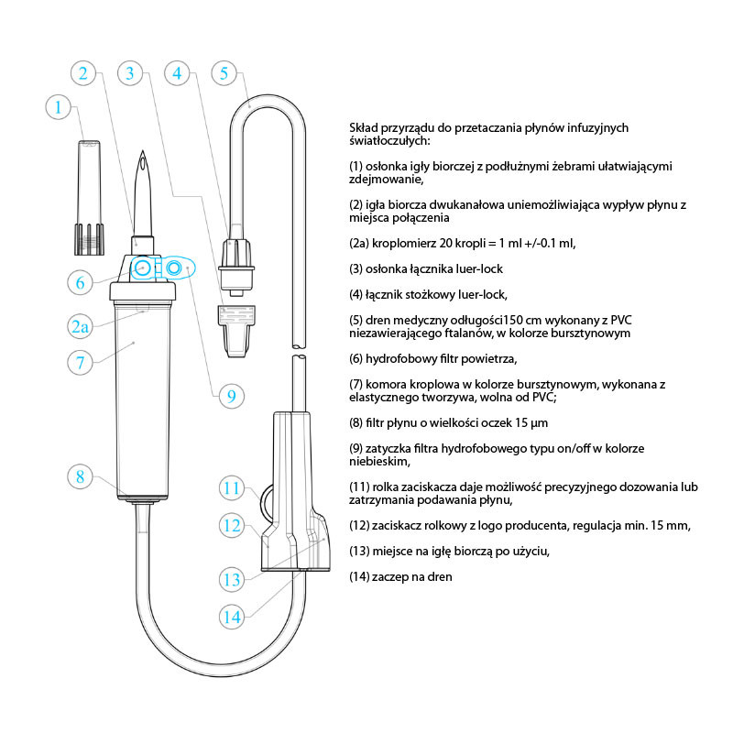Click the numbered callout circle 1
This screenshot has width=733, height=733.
(x=58, y=107)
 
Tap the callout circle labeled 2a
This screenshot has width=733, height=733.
(x=80, y=326)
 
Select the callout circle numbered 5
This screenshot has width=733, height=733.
(x=224, y=73)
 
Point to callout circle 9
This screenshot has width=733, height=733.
(x=232, y=396)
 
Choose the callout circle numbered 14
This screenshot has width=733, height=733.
(x=232, y=617)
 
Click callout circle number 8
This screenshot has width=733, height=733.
(x=80, y=476)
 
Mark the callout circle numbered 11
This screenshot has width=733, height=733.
(x=232, y=488)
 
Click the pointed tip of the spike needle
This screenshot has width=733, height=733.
(x=143, y=150)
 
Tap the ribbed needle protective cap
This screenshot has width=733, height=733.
(x=89, y=197)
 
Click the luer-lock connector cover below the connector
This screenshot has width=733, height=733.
(x=236, y=331)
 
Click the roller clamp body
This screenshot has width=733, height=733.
(x=295, y=491)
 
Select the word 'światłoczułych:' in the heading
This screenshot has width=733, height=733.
(x=389, y=141)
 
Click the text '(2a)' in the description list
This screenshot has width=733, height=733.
(x=359, y=244)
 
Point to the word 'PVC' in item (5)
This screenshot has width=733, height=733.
(x=621, y=320)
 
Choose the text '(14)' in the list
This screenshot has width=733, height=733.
(x=359, y=577)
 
